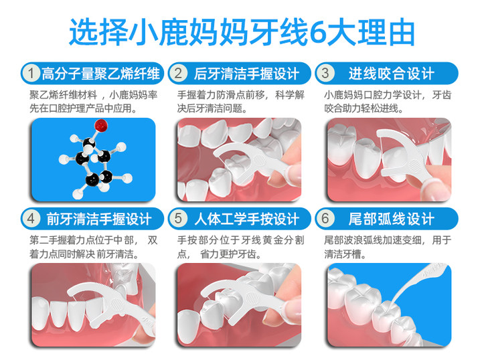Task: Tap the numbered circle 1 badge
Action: click(x=31, y=74)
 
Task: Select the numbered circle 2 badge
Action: click(x=178, y=74)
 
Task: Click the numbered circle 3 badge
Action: click(x=325, y=74)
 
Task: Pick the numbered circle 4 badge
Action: click(x=31, y=219)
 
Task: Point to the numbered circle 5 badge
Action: click(x=178, y=219)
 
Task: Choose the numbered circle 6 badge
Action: click(x=325, y=219)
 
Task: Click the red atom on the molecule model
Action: click(x=101, y=125)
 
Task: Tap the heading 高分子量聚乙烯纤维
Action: click(x=101, y=74)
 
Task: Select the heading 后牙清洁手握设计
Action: click(x=246, y=74)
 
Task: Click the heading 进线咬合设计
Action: click(x=392, y=74)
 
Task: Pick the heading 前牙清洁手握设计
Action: click(x=99, y=219)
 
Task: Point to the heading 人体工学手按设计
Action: click(x=246, y=219)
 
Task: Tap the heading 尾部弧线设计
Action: click(x=392, y=219)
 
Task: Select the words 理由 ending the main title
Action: click(x=386, y=32)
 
